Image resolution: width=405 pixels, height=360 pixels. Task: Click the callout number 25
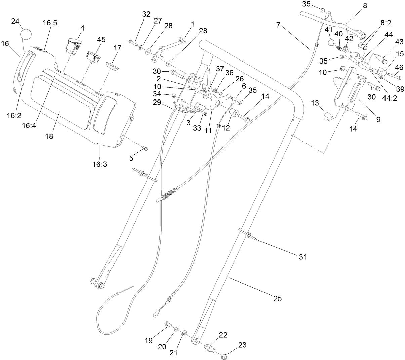coord(278,298)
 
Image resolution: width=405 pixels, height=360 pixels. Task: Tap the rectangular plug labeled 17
coord(113,66)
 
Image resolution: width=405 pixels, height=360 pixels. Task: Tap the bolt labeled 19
coord(168,325)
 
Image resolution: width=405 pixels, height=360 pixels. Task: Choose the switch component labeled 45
coord(92,56)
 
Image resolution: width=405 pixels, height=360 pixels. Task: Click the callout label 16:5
coord(50,23)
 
